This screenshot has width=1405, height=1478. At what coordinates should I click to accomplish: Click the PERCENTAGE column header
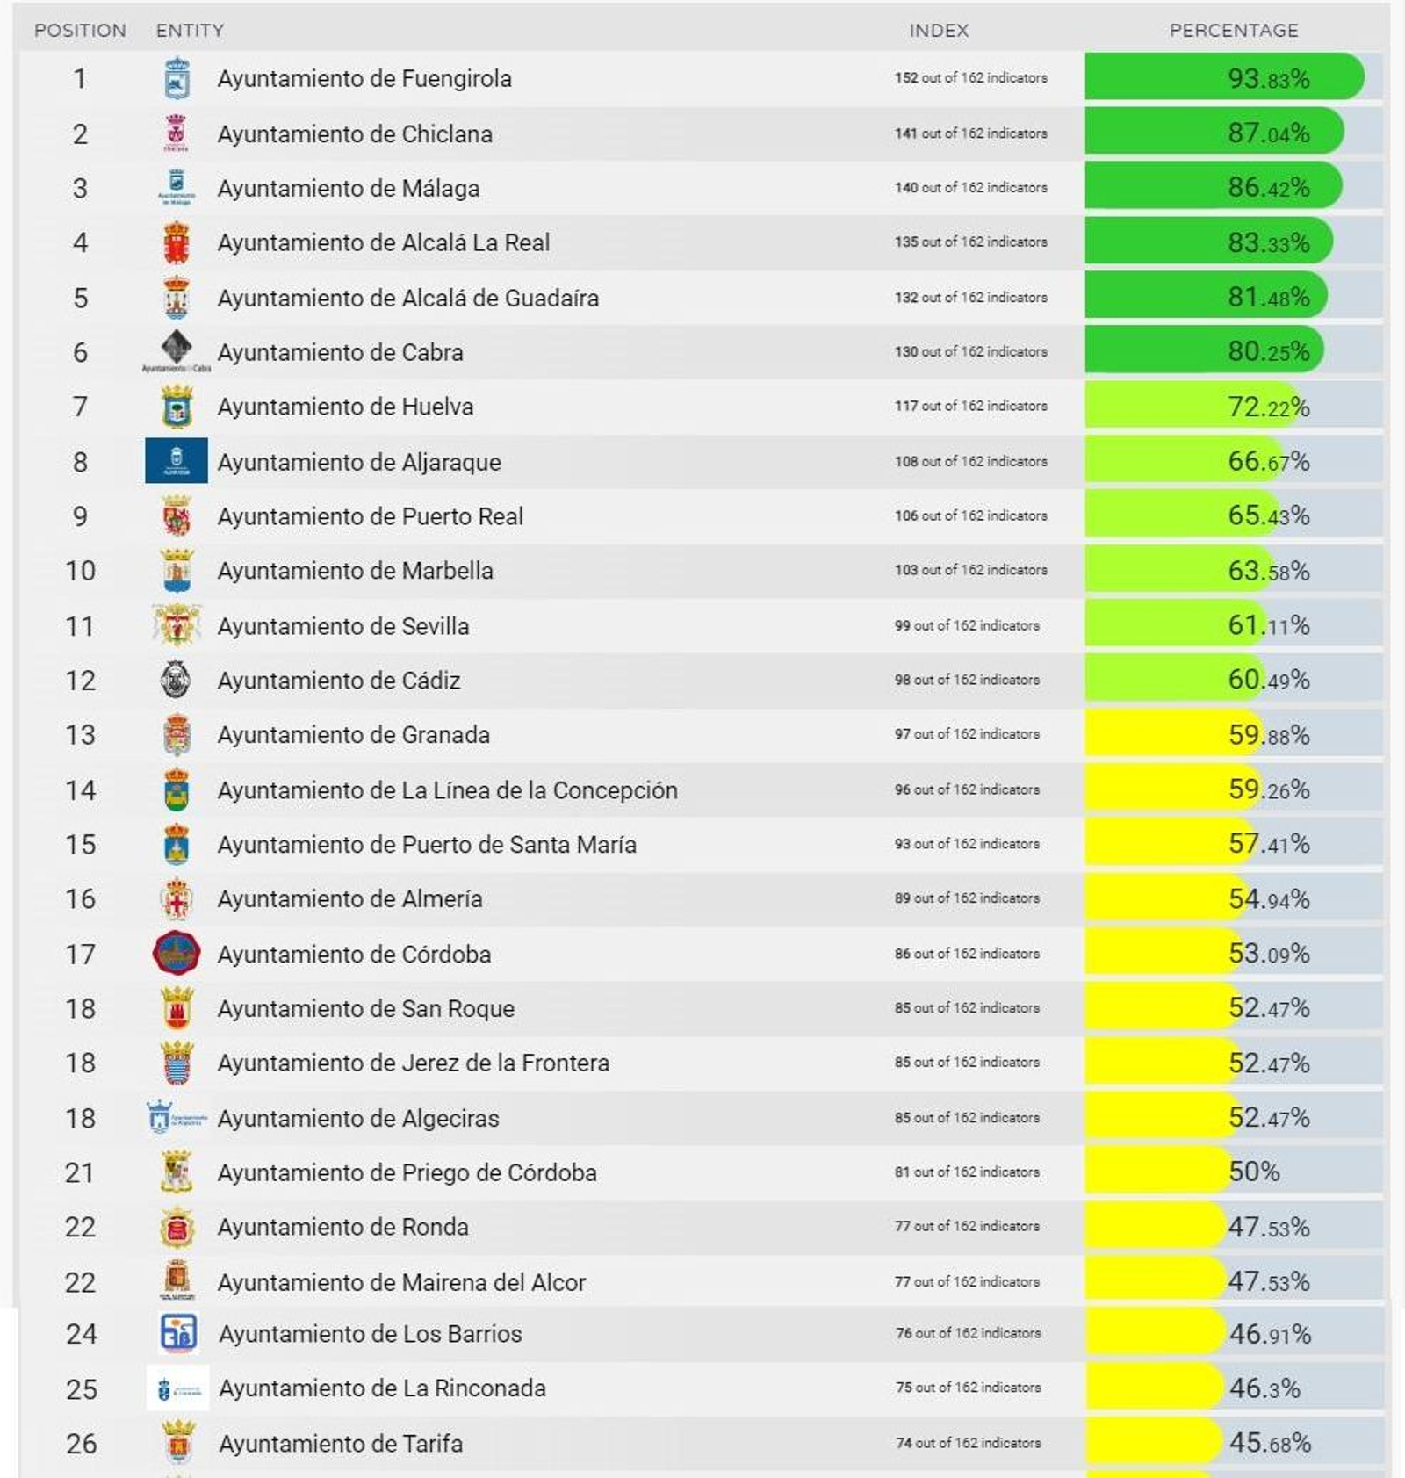(x=1233, y=31)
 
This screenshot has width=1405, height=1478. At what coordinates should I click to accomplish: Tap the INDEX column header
(x=939, y=31)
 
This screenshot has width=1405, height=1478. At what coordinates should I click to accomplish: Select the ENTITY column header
(x=190, y=31)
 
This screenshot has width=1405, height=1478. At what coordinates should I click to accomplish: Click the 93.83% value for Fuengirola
(x=1268, y=79)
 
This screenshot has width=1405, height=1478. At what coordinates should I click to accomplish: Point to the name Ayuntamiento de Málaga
(x=349, y=189)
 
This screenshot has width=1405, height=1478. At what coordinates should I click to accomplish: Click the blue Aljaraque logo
(x=177, y=461)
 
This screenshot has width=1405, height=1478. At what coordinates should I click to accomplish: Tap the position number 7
(x=80, y=407)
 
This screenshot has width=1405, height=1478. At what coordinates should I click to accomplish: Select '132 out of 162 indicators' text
(x=970, y=298)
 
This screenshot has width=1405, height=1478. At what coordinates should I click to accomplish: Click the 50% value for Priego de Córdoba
(x=1254, y=1172)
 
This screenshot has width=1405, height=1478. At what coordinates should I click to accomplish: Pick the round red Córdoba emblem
(x=177, y=954)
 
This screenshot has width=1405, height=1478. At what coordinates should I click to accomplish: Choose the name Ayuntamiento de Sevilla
(x=343, y=626)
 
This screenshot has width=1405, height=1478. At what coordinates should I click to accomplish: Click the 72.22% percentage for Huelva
(x=1268, y=407)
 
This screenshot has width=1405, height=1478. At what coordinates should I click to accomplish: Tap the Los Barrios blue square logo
(x=178, y=1333)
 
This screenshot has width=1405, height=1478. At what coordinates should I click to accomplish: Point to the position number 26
(x=82, y=1444)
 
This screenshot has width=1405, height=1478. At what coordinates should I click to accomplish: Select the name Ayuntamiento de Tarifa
(x=341, y=1444)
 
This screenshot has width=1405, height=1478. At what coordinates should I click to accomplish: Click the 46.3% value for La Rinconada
(x=1264, y=1388)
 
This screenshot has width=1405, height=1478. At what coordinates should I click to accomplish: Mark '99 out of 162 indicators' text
(x=967, y=626)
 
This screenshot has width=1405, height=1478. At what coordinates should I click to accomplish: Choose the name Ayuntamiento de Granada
(x=354, y=735)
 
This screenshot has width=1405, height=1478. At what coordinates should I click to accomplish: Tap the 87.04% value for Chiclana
(x=1268, y=133)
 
